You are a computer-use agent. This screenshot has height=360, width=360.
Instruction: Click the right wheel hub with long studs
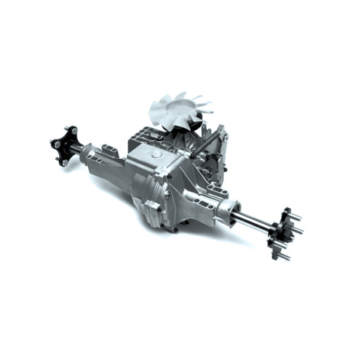(x=279, y=233)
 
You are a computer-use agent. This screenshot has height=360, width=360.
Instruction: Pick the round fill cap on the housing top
(x=156, y=154)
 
